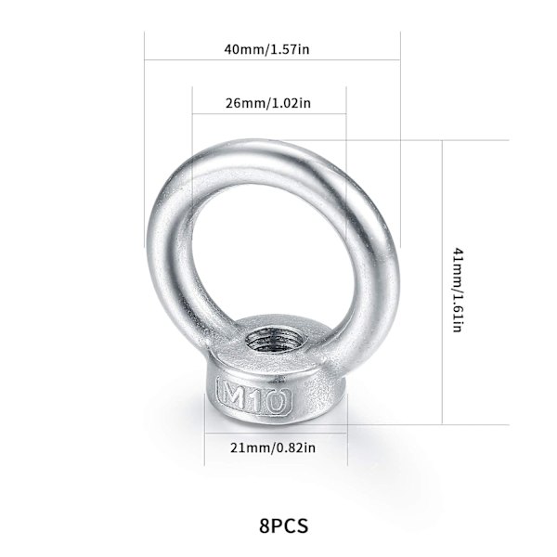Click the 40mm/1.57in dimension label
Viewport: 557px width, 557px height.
point(266,49)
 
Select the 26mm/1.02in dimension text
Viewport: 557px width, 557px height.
point(268,103)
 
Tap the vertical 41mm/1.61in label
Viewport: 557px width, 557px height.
point(458,290)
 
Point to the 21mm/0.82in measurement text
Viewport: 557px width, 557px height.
point(273,447)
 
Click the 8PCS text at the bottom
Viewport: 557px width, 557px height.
point(283,525)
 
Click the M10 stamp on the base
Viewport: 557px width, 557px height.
point(254,396)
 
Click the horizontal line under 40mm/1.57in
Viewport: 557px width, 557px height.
point(272,59)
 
